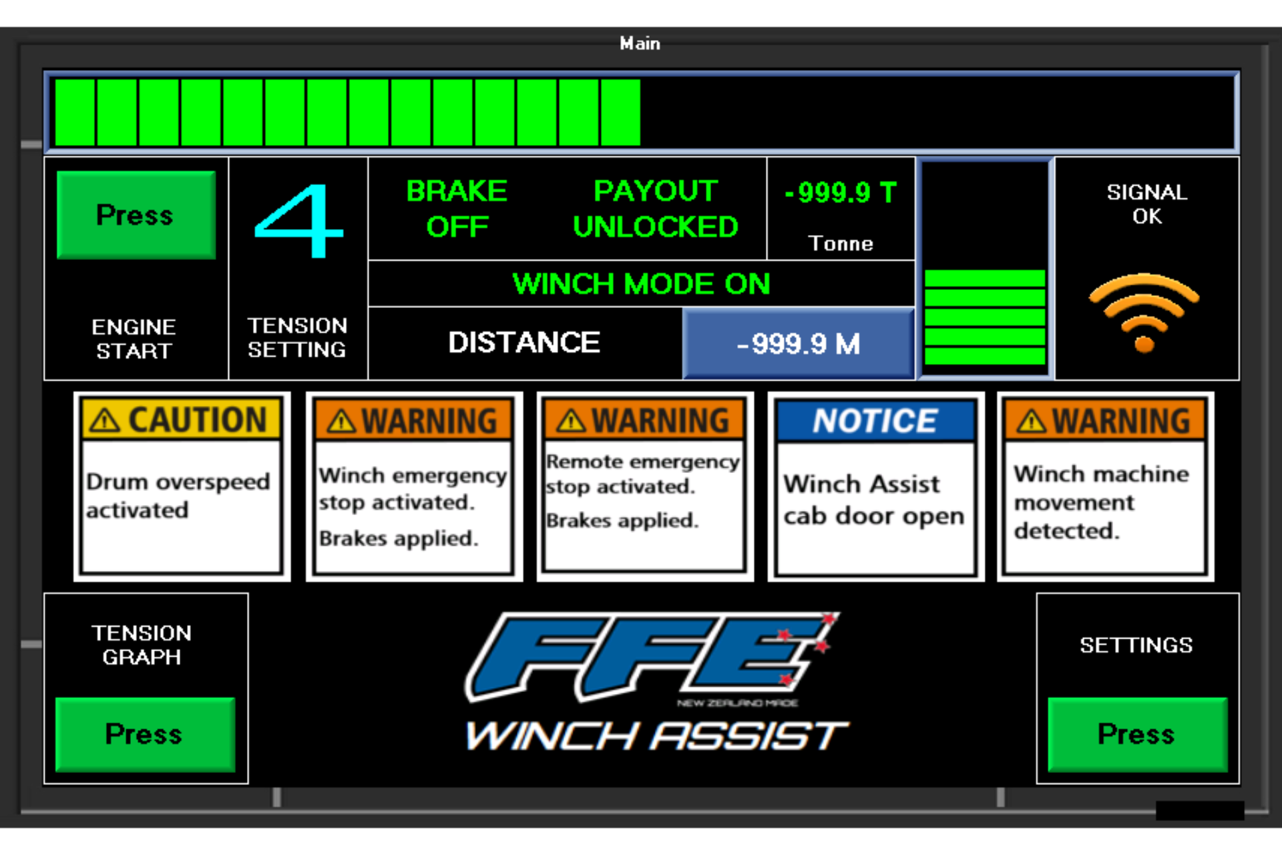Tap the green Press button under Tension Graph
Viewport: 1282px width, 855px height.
[x=144, y=734]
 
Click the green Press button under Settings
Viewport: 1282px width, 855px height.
[x=1136, y=734]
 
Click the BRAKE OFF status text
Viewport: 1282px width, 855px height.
[x=457, y=209]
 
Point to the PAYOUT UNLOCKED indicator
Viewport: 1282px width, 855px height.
[x=655, y=209]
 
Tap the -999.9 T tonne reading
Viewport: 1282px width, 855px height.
[x=840, y=193]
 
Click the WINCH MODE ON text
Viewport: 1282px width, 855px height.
[x=641, y=284]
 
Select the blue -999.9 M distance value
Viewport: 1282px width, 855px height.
[x=799, y=344]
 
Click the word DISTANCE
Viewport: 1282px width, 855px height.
[x=524, y=343]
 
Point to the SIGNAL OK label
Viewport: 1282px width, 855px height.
[x=1146, y=204]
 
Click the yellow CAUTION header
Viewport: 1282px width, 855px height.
[x=181, y=420]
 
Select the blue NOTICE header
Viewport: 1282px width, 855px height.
[x=875, y=421]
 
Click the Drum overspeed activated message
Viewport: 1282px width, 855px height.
[x=178, y=496]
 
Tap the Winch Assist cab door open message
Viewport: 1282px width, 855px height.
[x=873, y=500]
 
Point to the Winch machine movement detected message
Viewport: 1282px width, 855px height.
[x=1101, y=502]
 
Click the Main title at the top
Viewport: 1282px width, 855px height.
[x=640, y=43]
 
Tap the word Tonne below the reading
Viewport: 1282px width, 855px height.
[x=840, y=243]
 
